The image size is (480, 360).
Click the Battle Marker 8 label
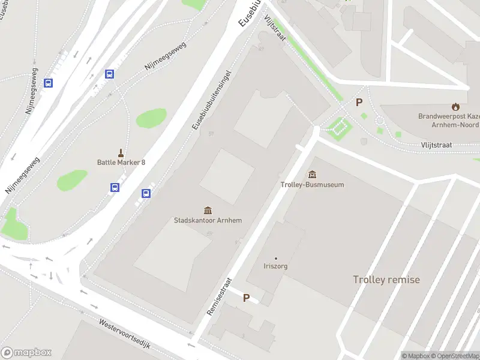point(121,162)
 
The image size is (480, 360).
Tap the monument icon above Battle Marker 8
point(121,152)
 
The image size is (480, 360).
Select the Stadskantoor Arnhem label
point(208,220)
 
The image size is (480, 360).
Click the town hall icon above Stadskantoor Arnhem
point(208,210)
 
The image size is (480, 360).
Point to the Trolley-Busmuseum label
point(312,185)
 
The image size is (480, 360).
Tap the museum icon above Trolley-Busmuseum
point(312,175)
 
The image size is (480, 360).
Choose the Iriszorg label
point(276,266)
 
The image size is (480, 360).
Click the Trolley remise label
point(386,280)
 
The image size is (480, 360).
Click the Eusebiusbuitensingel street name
point(211,99)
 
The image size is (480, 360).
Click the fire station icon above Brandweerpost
point(455,106)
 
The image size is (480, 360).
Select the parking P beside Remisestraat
point(246,298)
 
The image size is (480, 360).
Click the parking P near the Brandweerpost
point(359,103)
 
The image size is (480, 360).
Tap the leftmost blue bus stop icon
point(49,83)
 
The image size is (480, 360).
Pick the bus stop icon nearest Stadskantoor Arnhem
point(145,193)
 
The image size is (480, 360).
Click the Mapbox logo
point(26,353)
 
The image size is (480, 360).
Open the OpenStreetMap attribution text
point(451,356)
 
